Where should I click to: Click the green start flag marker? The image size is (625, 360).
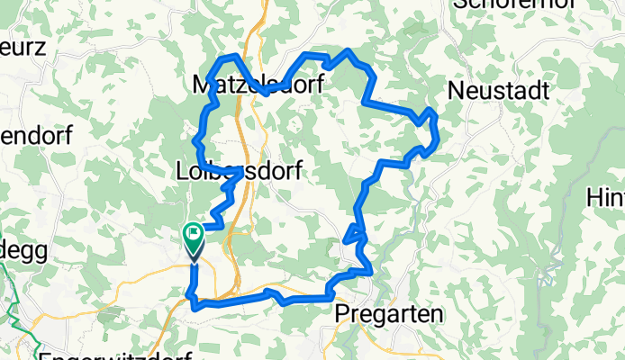tap(194, 236)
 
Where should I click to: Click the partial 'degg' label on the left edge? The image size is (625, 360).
tap(16, 248)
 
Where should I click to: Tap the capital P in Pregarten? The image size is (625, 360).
tap(343, 313)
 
